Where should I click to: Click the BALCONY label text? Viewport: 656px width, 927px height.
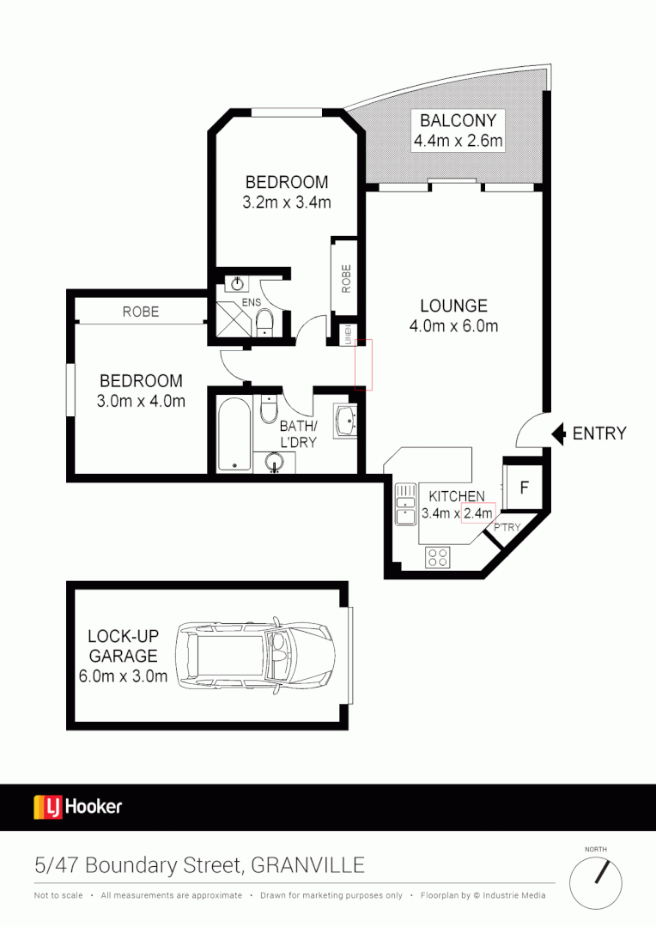tap(458, 119)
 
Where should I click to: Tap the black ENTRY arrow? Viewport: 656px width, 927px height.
tap(557, 433)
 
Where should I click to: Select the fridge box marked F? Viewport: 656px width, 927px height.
tap(524, 488)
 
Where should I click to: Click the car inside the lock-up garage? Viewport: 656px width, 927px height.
tap(255, 655)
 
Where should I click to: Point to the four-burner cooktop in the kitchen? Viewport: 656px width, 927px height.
tap(437, 556)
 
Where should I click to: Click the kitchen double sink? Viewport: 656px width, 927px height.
tap(404, 506)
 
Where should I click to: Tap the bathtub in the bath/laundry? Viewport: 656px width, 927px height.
tap(233, 433)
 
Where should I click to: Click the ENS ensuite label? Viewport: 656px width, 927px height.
tap(251, 302)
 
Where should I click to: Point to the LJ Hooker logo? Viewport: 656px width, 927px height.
tap(78, 807)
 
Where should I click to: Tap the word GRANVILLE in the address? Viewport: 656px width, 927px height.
tap(307, 865)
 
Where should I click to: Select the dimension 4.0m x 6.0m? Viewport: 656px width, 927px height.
tap(453, 326)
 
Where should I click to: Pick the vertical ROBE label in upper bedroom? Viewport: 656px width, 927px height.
tap(346, 279)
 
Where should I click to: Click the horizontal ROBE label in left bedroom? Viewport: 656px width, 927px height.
tap(140, 312)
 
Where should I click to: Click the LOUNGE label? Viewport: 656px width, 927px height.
tap(453, 306)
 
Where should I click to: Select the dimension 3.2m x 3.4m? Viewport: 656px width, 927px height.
tap(287, 203)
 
